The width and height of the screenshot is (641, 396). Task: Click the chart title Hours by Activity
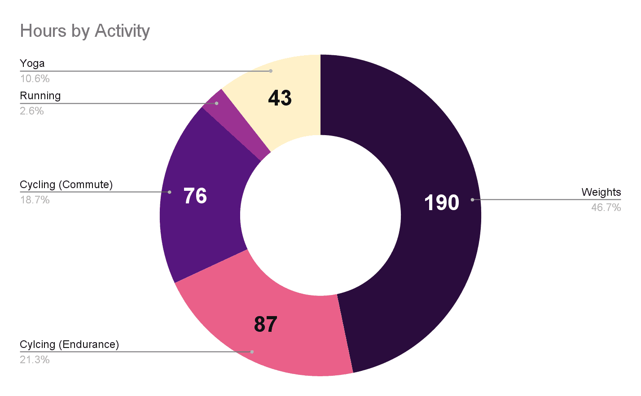click(x=85, y=31)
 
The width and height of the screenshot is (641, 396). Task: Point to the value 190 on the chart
click(x=442, y=203)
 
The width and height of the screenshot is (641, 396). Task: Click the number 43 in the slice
click(x=280, y=98)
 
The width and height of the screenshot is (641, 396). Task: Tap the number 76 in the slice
click(x=195, y=196)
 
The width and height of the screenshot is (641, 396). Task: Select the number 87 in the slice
click(x=266, y=324)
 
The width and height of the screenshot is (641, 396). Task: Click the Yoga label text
click(x=32, y=64)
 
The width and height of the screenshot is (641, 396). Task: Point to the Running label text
click(x=40, y=96)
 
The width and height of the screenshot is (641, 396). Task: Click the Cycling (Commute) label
click(x=66, y=185)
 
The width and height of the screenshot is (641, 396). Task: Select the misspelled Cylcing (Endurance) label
click(x=70, y=345)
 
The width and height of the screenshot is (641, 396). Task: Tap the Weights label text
click(x=601, y=193)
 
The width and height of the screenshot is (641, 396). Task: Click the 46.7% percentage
click(x=606, y=207)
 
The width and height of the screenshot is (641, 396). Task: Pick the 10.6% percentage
click(x=35, y=79)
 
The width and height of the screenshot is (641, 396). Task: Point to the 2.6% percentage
click(x=32, y=111)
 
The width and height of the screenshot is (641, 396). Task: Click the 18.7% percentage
click(x=35, y=200)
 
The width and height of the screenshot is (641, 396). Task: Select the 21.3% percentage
click(x=35, y=360)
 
